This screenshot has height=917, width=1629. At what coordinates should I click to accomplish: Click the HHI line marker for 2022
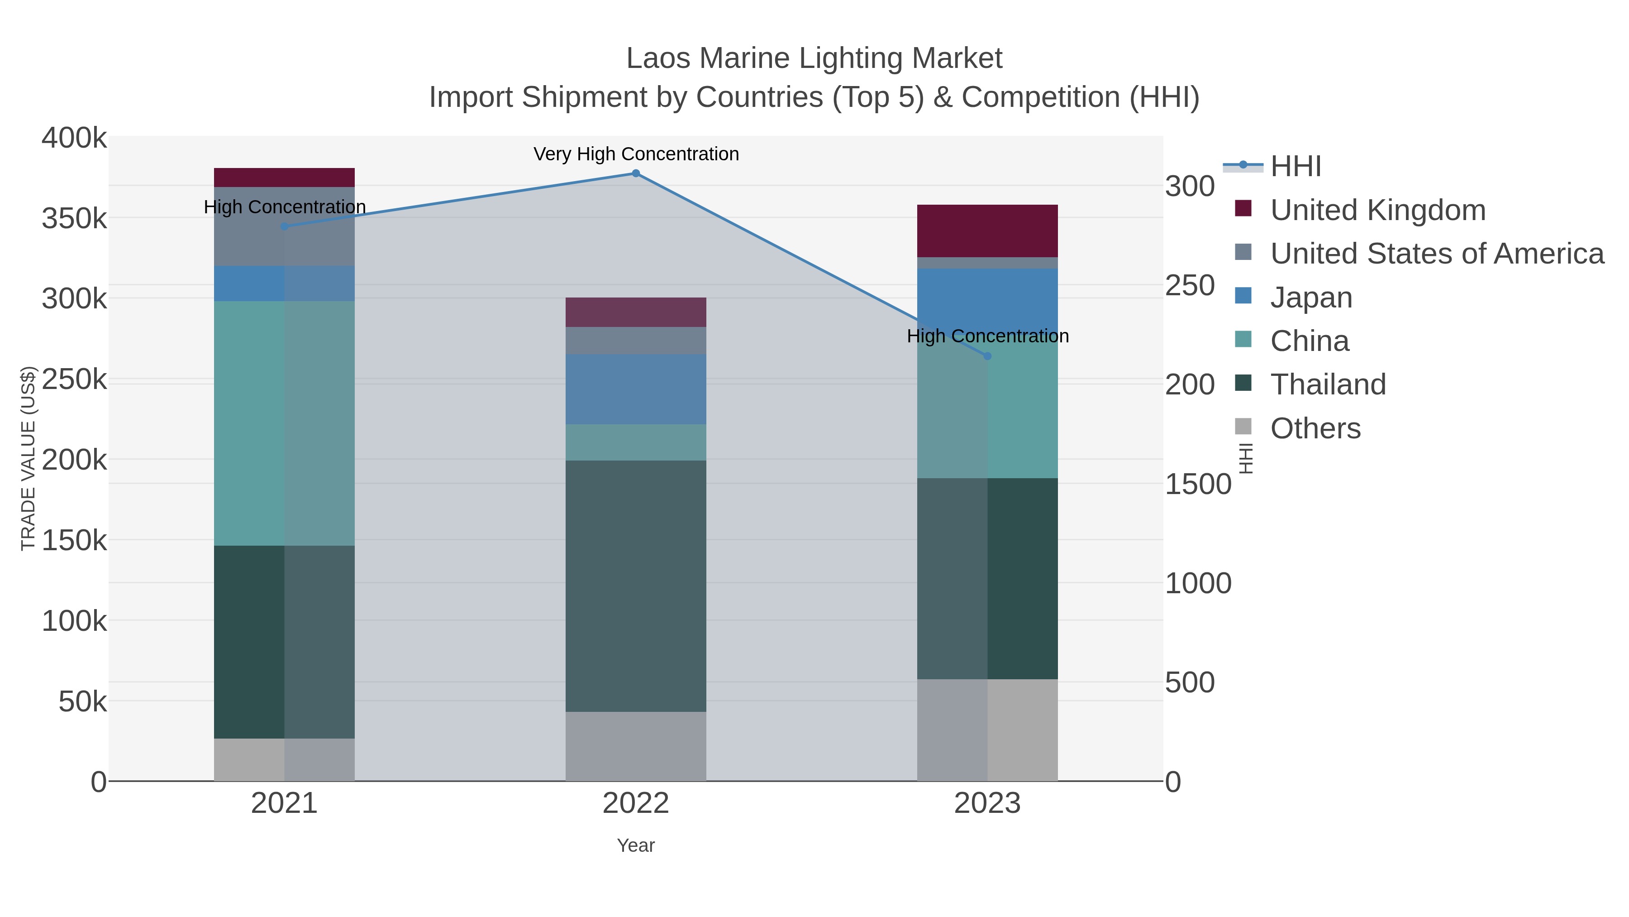pos(636,173)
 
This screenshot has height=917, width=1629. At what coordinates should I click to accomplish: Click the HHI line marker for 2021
pos(284,226)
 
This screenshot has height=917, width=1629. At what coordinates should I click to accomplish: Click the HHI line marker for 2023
pos(987,356)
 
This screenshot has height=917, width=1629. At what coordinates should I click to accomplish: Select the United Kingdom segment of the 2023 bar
pos(987,231)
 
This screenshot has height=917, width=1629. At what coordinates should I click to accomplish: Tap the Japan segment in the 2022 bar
pos(636,389)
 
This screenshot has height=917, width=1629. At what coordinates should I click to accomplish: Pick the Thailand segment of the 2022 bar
pos(636,586)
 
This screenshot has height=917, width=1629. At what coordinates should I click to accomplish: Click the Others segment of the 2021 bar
pos(284,759)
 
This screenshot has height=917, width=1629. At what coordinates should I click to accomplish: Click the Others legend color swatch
pos(1243,427)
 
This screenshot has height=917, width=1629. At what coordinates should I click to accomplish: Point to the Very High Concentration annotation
pos(636,154)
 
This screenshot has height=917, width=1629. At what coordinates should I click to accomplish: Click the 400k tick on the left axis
pos(74,138)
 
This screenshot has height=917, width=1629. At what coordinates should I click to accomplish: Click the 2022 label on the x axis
pos(636,804)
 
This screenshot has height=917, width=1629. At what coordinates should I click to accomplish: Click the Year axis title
pos(636,845)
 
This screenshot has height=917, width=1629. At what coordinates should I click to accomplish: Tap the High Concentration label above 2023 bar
pos(987,336)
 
